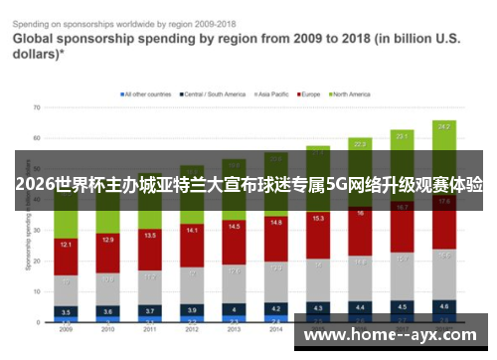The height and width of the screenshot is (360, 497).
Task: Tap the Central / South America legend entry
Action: click(214, 94)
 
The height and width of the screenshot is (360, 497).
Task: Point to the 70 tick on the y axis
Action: click(36, 106)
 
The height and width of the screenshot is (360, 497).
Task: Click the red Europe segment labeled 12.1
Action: click(66, 245)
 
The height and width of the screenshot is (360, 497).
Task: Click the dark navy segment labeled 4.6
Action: click(444, 306)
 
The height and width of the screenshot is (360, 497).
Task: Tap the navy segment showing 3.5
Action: click(66, 311)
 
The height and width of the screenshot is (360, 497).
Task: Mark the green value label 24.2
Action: click(444, 127)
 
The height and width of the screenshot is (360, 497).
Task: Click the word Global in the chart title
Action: click(38, 39)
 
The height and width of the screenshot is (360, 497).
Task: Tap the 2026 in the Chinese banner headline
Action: click(36, 185)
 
